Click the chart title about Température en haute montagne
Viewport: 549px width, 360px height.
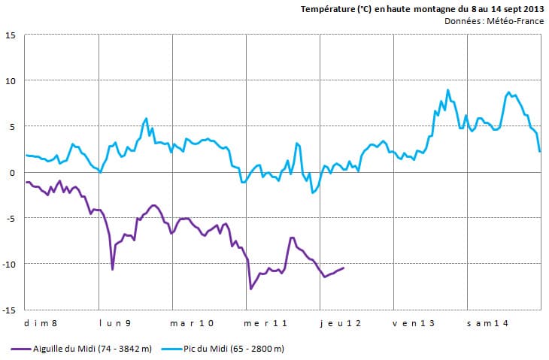coord(422,9)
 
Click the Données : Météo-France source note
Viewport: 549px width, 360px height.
coord(494,21)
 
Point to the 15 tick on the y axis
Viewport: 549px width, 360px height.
coord(11,35)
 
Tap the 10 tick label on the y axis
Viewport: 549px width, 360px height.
coord(11,81)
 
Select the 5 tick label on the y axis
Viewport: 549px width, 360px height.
coord(13,127)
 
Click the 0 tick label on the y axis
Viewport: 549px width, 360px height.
coord(13,173)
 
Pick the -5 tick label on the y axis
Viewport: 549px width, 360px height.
coord(11,219)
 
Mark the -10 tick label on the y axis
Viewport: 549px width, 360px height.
coord(9,265)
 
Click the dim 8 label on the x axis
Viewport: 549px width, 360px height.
coord(41,323)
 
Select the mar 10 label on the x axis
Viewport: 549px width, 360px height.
coord(193,323)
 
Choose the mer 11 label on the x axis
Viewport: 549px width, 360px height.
coord(266,323)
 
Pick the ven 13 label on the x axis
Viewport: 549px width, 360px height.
coord(414,323)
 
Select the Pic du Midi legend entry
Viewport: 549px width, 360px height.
coord(238,349)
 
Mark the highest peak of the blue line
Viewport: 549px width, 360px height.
coord(447,90)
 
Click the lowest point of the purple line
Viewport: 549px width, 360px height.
coord(251,289)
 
